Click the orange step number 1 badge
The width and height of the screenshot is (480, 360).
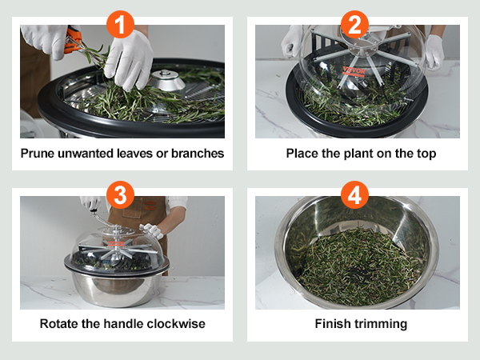click(x=120, y=24)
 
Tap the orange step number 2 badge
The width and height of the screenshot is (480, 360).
click(x=354, y=24)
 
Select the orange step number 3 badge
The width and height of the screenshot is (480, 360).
click(x=120, y=194)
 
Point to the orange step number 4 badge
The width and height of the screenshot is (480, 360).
click(x=354, y=194)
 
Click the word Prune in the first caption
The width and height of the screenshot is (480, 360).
click(x=38, y=154)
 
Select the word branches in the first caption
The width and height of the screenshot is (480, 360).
click(x=198, y=154)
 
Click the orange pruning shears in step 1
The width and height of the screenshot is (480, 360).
click(x=72, y=41)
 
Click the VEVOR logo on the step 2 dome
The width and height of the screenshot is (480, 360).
click(x=354, y=71)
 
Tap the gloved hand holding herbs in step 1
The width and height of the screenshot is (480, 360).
click(x=129, y=60)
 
